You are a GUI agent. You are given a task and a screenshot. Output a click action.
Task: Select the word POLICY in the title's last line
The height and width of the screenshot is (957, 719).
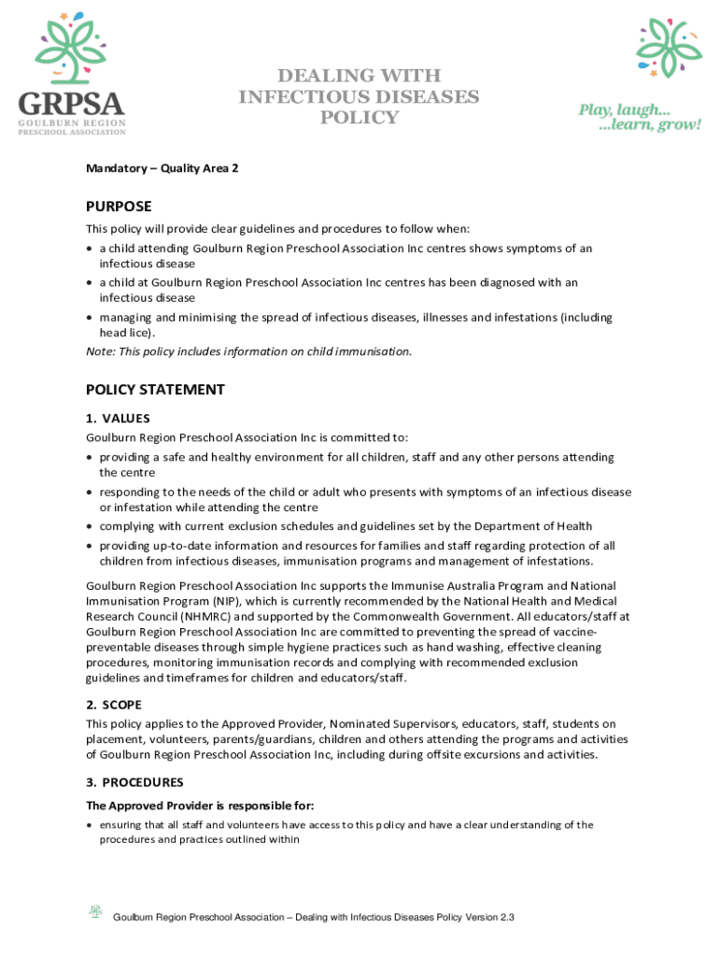pos(359,118)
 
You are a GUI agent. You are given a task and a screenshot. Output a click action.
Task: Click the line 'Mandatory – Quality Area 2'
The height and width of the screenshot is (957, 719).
pos(162,169)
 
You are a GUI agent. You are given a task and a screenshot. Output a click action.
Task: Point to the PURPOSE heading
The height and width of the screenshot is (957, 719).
pos(119,207)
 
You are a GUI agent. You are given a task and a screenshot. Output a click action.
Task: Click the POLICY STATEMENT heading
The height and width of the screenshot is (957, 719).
pos(155,390)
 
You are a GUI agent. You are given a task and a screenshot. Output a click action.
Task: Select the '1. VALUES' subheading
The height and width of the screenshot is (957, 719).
pos(118,419)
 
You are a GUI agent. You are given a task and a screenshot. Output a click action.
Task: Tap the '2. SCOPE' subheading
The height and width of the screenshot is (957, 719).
pos(114,705)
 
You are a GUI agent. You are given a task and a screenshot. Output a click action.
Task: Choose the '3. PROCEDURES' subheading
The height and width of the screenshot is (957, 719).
pos(134,782)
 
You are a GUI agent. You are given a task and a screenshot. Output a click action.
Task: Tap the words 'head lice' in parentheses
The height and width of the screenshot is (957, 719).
pos(124,333)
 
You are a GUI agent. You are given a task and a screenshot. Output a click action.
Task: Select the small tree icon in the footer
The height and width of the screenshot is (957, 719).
pos(95,911)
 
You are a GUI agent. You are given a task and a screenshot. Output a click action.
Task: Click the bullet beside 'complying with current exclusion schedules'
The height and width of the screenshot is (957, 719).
pos(90,526)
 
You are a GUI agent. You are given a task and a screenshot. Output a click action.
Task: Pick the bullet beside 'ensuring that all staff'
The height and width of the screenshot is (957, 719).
pos(90,825)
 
